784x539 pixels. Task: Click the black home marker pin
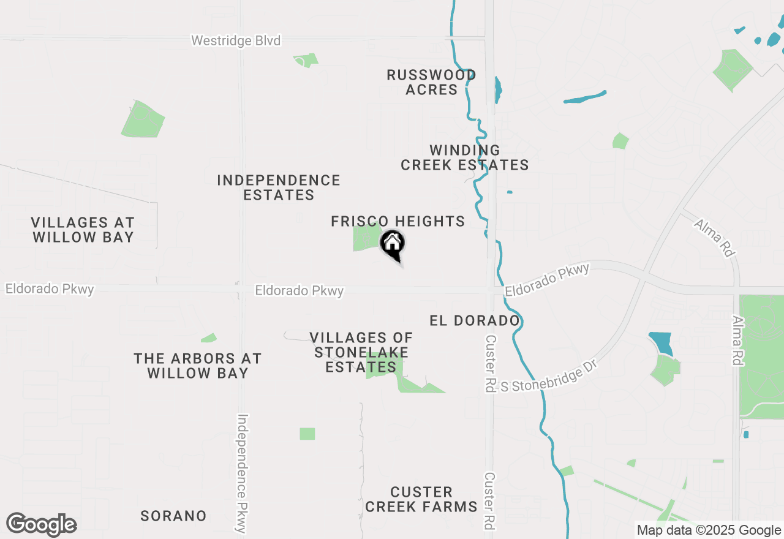[x=393, y=243]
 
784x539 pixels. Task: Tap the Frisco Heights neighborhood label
[x=398, y=221]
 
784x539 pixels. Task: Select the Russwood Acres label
[x=431, y=82]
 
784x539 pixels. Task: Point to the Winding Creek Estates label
[x=465, y=157]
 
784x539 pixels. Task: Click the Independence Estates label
[x=279, y=187]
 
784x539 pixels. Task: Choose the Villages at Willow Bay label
[x=83, y=230]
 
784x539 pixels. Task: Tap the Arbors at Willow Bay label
[x=197, y=366]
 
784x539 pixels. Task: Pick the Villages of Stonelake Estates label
[x=361, y=352]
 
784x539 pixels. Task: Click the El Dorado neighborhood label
[x=475, y=320]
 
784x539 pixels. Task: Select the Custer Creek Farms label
[x=421, y=499]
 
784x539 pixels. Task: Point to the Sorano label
[x=173, y=516]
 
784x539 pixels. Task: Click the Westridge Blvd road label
[x=236, y=41]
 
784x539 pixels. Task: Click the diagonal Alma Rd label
[x=714, y=238]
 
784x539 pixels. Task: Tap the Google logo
[x=42, y=525]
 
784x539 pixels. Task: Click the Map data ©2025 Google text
[x=709, y=530]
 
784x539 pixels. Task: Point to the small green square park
[x=307, y=434]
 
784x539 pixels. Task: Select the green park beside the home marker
[x=366, y=238]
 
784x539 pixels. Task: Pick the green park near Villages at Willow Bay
[x=143, y=119]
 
